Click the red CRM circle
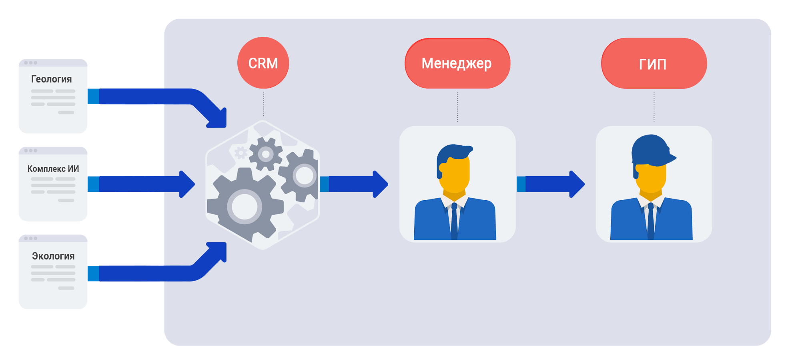[x=263, y=63]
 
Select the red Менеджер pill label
[x=457, y=63]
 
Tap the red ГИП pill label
[x=654, y=63]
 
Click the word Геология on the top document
[x=52, y=79]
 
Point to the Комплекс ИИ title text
[x=53, y=169]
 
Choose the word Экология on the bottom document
[x=53, y=256]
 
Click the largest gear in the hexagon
[x=245, y=207]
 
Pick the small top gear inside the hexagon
[x=265, y=154]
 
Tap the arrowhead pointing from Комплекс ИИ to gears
[x=187, y=184]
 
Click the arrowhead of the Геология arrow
[x=218, y=119]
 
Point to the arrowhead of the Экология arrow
[x=218, y=251]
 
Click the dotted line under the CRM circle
[x=263, y=104]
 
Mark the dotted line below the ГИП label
[x=654, y=107]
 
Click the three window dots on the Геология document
[x=30, y=63]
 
